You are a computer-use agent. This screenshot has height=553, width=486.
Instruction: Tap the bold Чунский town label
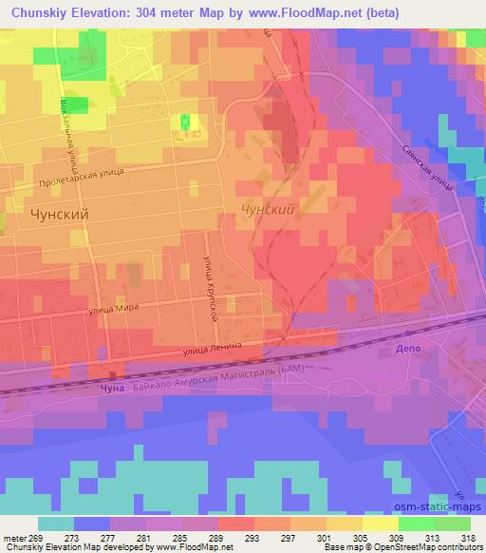point(60,215)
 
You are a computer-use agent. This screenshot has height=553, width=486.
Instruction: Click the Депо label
point(406,350)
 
